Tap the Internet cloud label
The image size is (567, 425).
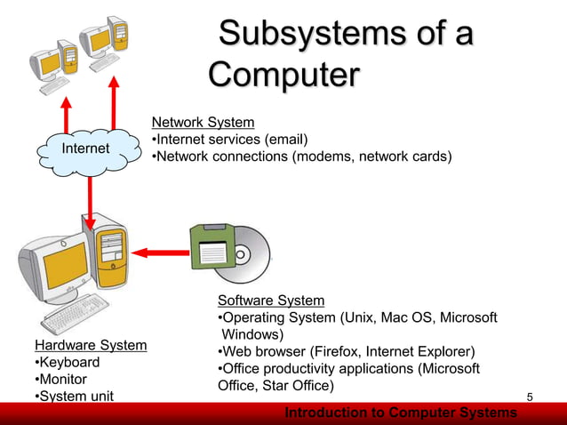pyautogui.click(x=84, y=148)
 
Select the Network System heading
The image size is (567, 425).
pyautogui.click(x=203, y=122)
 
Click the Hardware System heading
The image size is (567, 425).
pyautogui.click(x=91, y=345)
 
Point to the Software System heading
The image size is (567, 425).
pyautogui.click(x=271, y=301)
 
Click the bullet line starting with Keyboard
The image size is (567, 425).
pyautogui.click(x=68, y=363)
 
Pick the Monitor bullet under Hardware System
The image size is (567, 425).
pyautogui.click(x=61, y=380)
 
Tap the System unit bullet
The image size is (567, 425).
pyautogui.click(x=75, y=397)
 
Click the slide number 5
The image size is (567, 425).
pyautogui.click(x=530, y=396)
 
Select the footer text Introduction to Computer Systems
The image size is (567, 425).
pyautogui.click(x=400, y=413)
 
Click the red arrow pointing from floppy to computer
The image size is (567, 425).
pyautogui.click(x=161, y=253)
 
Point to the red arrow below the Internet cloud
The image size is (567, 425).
pyautogui.click(x=90, y=201)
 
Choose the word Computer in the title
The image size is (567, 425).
pyautogui.click(x=283, y=74)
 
